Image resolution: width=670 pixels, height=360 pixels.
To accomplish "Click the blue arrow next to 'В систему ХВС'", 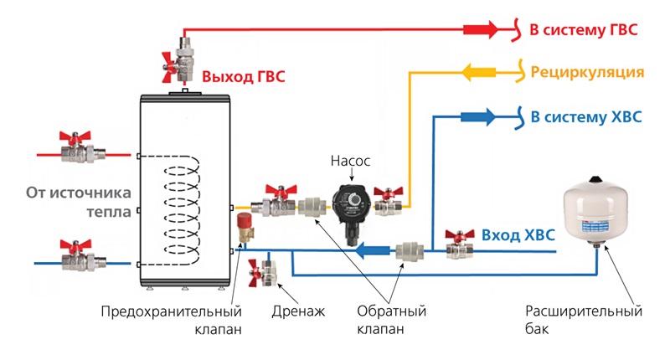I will tap(480, 117).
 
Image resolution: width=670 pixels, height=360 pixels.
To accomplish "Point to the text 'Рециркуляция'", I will tap(587, 73).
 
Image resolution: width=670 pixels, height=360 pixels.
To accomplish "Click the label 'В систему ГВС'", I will tap(584, 30).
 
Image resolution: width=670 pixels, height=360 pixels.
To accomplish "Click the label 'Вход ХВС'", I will tap(518, 235).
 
